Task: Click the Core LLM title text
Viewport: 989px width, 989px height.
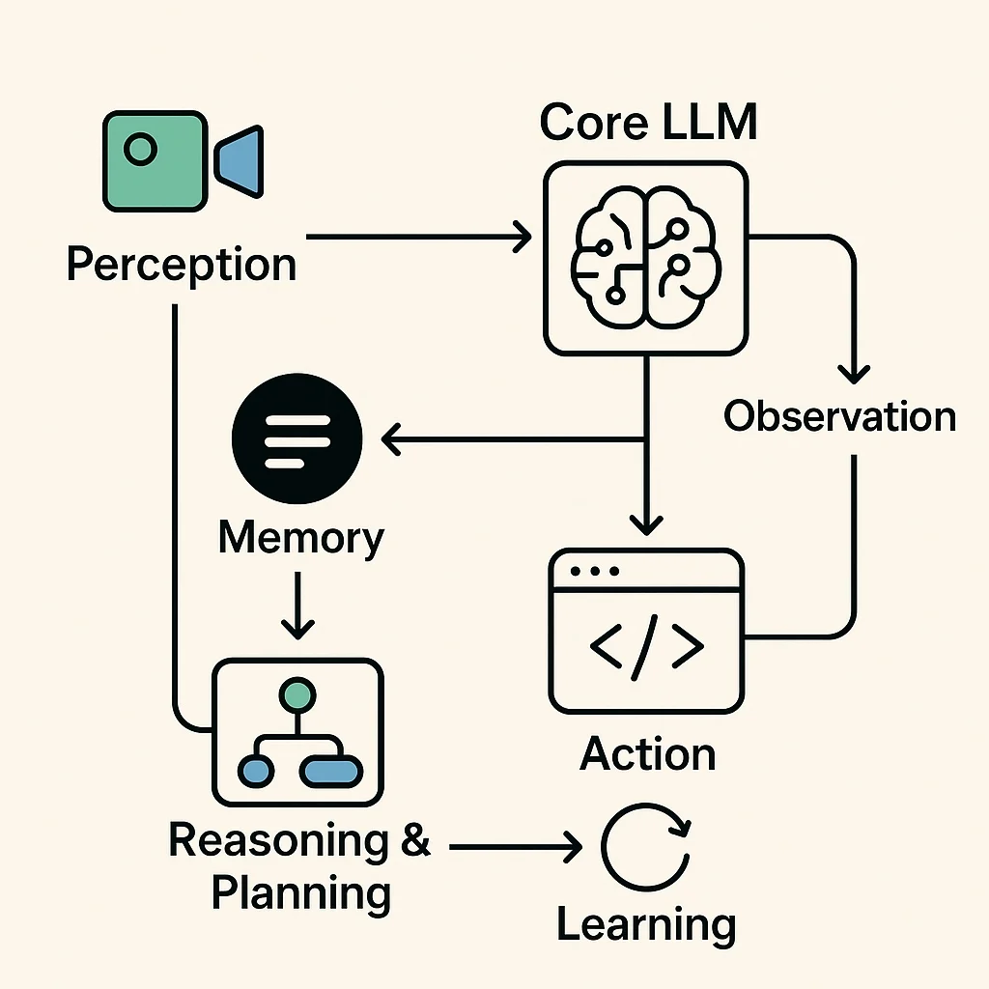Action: pyautogui.click(x=647, y=122)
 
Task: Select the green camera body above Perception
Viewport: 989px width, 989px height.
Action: pyautogui.click(x=155, y=160)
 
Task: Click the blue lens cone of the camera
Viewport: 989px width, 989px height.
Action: pyautogui.click(x=241, y=159)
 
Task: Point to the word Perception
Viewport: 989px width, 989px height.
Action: pyautogui.click(x=181, y=265)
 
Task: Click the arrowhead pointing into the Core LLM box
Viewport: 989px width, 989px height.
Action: pyautogui.click(x=523, y=236)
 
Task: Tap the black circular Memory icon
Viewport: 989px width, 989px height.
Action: pyautogui.click(x=297, y=439)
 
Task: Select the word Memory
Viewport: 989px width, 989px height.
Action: pyautogui.click(x=300, y=537)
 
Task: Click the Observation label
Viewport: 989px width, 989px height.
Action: pyautogui.click(x=839, y=416)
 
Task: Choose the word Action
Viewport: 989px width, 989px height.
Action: pyautogui.click(x=647, y=754)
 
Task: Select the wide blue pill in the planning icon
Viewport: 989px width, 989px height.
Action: pyautogui.click(x=330, y=770)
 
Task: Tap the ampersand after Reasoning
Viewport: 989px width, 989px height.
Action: pyautogui.click(x=413, y=840)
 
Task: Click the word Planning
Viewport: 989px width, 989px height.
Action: pyautogui.click(x=300, y=894)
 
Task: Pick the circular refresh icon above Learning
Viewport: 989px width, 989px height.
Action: pyautogui.click(x=645, y=847)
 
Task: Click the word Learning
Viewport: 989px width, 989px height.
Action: pyautogui.click(x=645, y=924)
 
